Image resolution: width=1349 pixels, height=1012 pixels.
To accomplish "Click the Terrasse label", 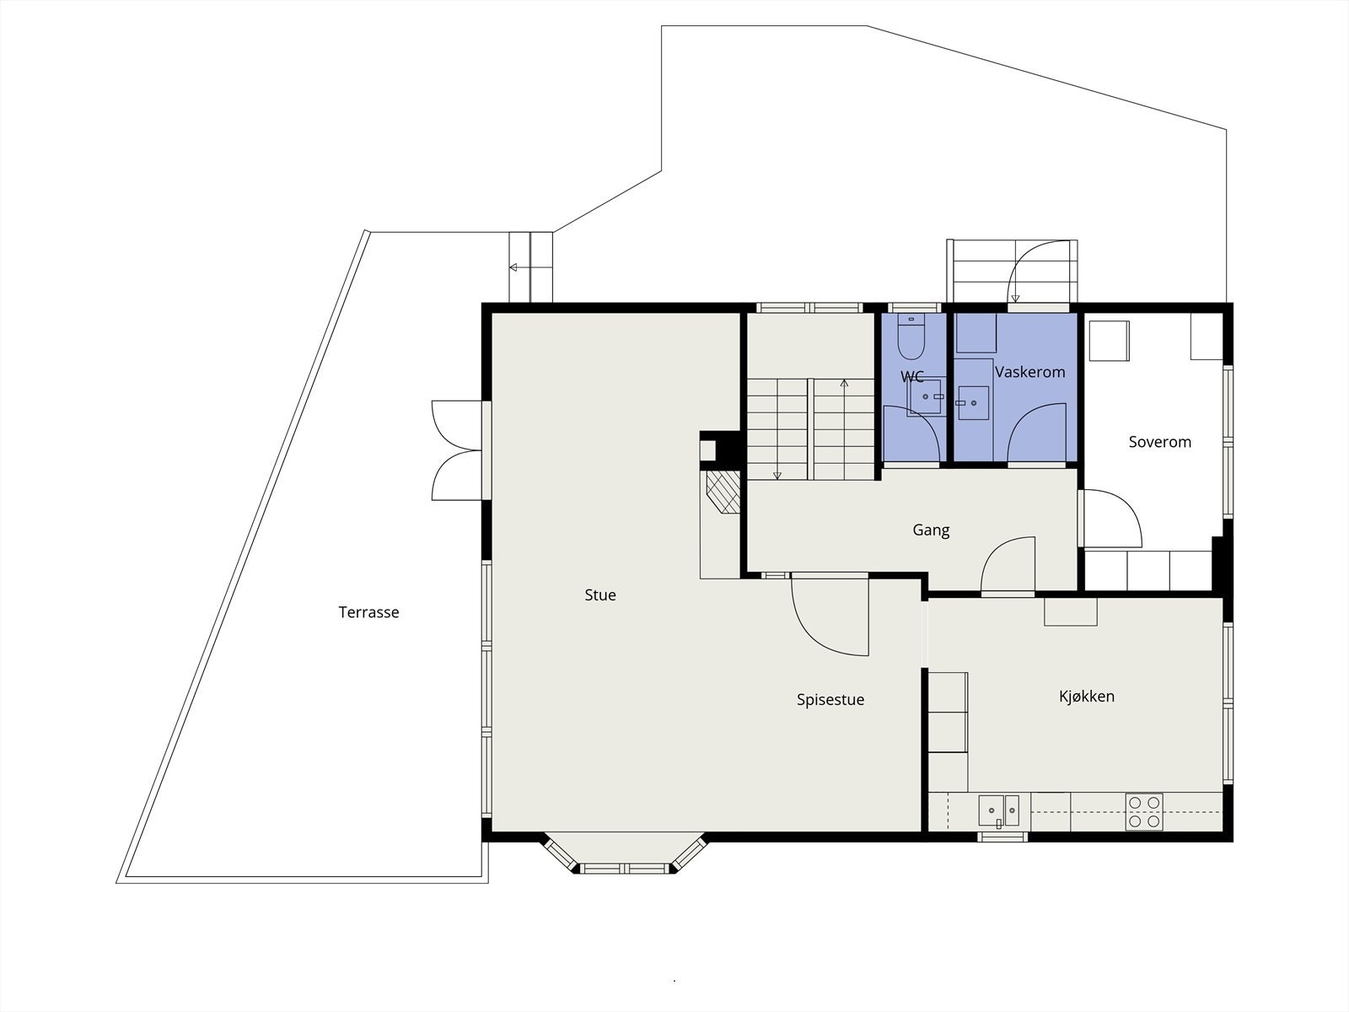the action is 368,612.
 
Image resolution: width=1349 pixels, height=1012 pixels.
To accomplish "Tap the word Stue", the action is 599,595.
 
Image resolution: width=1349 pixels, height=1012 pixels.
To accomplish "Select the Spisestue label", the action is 830,700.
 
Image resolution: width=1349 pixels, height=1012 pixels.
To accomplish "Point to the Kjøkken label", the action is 1087,697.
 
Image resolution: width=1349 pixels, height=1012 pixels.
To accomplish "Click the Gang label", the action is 931,530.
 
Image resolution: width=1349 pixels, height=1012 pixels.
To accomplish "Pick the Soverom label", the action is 1159,442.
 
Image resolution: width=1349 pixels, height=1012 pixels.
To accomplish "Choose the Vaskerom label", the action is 1030,372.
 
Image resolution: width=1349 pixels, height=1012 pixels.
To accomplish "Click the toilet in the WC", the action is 911,337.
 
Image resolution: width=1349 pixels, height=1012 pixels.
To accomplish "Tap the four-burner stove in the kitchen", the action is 1144,811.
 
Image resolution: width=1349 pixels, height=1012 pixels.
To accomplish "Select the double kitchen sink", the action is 999,811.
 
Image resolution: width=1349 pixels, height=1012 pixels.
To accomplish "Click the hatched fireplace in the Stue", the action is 723,492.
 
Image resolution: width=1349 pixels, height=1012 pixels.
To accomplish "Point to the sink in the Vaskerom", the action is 974,403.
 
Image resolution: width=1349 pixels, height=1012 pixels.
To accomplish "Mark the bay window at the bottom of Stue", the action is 624,853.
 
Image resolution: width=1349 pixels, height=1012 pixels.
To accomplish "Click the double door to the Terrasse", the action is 457,450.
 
